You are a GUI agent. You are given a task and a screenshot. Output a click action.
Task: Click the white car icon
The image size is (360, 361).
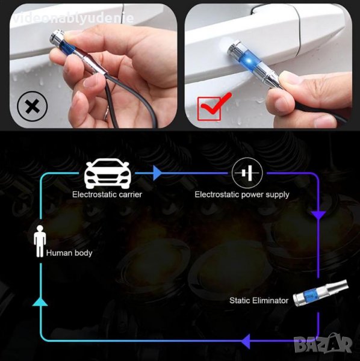[x=108, y=173]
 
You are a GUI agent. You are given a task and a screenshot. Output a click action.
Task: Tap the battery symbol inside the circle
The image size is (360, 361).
[x=247, y=173]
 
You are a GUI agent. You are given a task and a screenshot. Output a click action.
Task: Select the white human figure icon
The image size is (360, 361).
[x=40, y=241]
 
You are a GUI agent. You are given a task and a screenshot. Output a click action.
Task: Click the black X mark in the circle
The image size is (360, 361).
[x=33, y=106]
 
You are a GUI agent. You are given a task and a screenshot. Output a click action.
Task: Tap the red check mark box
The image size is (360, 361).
[x=212, y=108]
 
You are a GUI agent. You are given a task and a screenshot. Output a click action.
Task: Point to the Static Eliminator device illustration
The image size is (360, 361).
[x=320, y=293]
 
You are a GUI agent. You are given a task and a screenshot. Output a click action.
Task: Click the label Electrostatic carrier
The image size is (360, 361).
[x=107, y=194]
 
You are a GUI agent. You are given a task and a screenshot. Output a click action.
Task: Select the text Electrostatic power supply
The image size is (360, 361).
[x=242, y=195]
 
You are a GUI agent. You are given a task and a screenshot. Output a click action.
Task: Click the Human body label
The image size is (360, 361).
[x=69, y=253]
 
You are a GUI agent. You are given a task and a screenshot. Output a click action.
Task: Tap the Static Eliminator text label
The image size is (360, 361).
[x=259, y=300]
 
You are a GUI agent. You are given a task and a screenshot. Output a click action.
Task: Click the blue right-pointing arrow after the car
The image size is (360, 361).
[x=157, y=173]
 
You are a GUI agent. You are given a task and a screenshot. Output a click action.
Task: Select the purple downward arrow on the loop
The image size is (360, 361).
[x=318, y=215]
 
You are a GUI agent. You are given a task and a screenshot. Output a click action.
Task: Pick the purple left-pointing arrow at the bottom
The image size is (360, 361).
[x=246, y=341]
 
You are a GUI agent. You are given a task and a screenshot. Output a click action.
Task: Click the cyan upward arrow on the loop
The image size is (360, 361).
[x=40, y=301]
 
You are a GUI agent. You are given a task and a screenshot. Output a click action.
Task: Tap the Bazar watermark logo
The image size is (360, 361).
[x=323, y=344]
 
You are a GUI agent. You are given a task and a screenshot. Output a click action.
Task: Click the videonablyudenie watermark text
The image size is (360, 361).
[x=73, y=18]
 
